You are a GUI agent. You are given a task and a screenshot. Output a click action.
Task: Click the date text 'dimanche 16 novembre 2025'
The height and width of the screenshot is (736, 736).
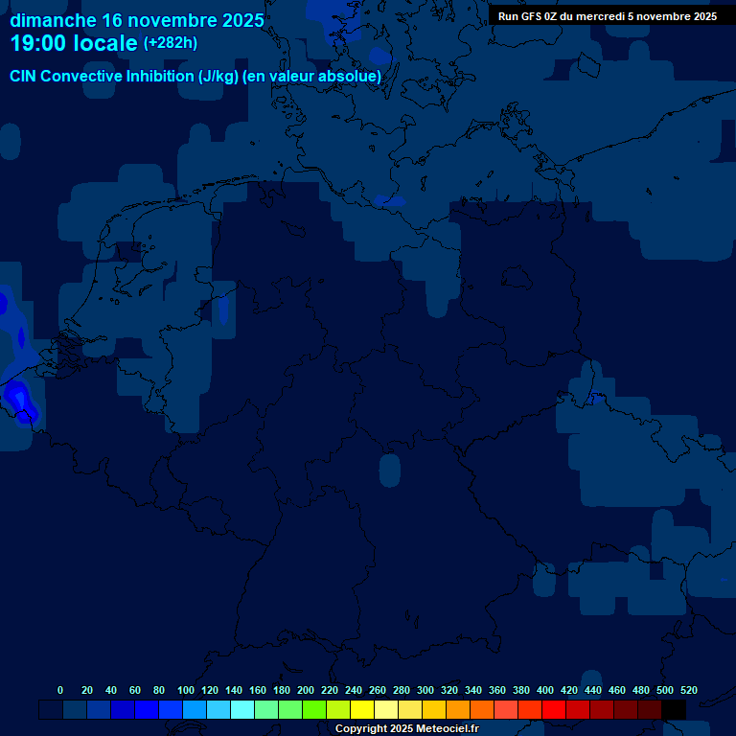tap(137, 20)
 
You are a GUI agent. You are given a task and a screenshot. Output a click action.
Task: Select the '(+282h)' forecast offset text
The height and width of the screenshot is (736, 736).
tap(171, 43)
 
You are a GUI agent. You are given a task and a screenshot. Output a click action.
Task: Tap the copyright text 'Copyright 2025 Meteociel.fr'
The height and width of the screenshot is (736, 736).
tap(406, 729)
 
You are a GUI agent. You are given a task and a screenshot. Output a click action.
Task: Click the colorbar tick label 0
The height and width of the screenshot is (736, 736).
tap(60, 690)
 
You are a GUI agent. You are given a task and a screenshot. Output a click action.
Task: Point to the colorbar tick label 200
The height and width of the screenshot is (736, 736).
tap(305, 690)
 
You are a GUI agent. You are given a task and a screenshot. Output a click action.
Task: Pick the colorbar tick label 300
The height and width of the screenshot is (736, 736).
tap(425, 690)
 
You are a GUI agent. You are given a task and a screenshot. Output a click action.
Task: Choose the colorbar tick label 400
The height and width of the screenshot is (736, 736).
tap(545, 690)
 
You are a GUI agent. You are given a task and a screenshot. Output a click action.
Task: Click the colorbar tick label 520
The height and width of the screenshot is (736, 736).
tap(688, 690)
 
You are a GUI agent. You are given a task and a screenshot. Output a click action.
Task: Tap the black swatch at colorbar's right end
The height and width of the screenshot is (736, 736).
tap(674, 710)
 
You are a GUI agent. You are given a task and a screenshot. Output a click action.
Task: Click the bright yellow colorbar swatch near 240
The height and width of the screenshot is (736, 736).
tap(362, 710)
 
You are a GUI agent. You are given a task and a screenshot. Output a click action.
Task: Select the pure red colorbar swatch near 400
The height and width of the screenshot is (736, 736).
tap(554, 710)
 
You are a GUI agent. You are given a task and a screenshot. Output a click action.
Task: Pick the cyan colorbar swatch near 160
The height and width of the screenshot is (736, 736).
tap(242, 710)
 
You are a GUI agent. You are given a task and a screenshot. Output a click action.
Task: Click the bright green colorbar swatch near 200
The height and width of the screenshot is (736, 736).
tap(314, 710)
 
